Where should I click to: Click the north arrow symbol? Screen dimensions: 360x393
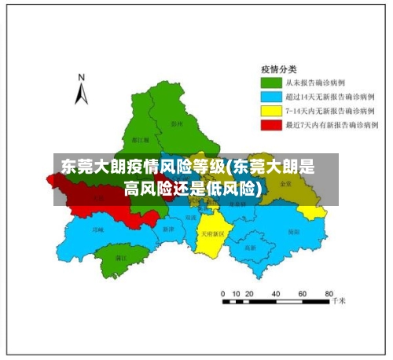(81, 94)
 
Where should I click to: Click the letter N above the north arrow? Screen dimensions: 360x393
(81, 77)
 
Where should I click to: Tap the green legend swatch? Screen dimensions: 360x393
(272, 81)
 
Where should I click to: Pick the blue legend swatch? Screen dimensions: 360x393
(272, 95)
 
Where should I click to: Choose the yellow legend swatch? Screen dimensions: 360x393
(272, 110)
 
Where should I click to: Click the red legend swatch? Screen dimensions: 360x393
(272, 124)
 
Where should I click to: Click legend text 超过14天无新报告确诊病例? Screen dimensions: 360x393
(329, 95)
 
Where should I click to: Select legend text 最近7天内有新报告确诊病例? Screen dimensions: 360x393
(331, 124)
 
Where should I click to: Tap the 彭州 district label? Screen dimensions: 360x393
(176, 123)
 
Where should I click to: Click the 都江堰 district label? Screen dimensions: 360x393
(141, 138)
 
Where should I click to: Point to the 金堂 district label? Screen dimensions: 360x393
(285, 183)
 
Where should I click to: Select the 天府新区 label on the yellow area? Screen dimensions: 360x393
(211, 233)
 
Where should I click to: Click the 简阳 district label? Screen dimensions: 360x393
(293, 232)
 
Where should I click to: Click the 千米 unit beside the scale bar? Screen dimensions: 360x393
(339, 300)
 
